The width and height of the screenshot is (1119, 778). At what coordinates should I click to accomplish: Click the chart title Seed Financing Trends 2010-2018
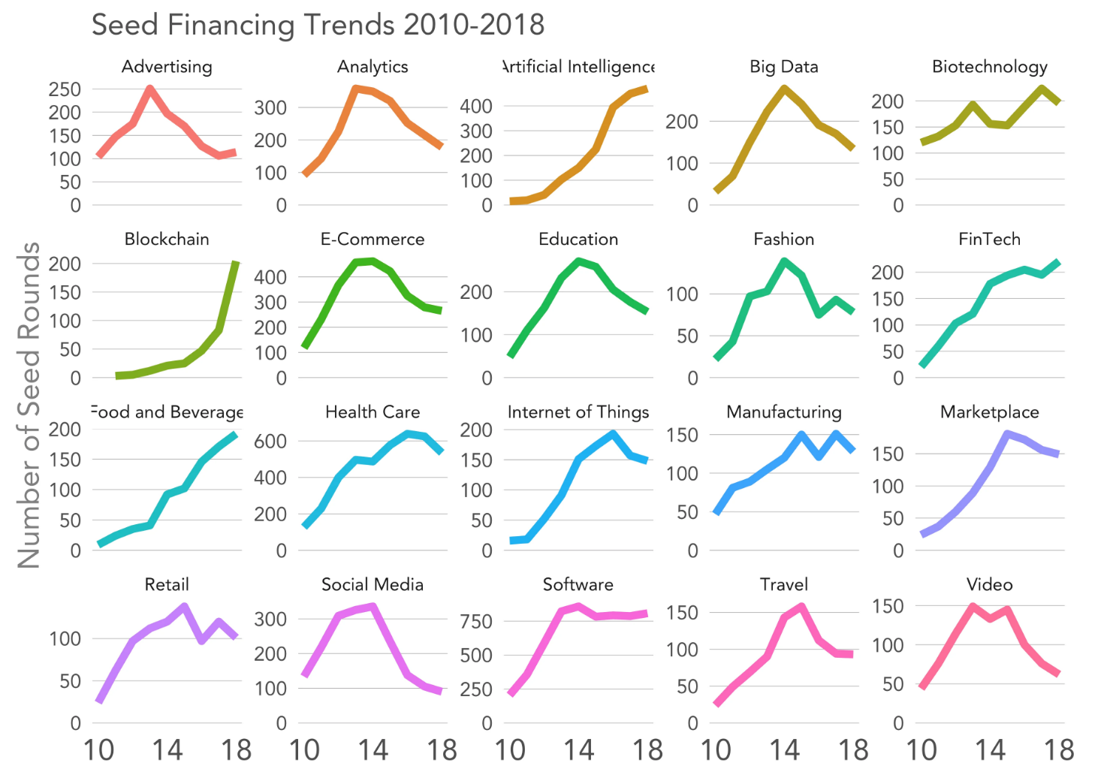[x=318, y=25]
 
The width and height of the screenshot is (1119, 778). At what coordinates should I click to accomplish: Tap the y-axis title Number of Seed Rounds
[x=29, y=406]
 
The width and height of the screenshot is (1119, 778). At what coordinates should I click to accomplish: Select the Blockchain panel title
[x=167, y=240]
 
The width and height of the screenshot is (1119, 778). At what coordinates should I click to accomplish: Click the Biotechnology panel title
[x=989, y=67]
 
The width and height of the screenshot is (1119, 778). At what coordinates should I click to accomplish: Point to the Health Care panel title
[x=372, y=412]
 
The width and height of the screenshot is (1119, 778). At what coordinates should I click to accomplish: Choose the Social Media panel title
[x=372, y=585]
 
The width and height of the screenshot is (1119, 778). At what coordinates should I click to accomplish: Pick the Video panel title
[x=989, y=585]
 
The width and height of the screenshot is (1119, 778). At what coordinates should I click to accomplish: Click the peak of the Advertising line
[x=150, y=89]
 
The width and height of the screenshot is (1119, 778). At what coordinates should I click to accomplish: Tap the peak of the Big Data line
[x=784, y=89]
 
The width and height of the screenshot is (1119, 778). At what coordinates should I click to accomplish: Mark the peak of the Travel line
[x=801, y=607]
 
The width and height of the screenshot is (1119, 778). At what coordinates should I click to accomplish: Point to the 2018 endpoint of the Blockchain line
[x=236, y=263]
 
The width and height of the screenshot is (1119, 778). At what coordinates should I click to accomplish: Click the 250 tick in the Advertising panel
[x=65, y=89]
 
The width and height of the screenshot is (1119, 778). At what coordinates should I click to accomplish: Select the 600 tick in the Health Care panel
[x=270, y=442]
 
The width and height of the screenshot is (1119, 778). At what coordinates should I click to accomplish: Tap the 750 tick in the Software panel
[x=476, y=622]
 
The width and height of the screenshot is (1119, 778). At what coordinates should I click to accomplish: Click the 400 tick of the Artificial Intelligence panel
[x=476, y=107]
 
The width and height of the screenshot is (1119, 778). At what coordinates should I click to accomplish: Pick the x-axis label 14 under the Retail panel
[x=167, y=750]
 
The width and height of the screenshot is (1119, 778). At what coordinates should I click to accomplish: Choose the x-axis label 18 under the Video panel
[x=1058, y=750]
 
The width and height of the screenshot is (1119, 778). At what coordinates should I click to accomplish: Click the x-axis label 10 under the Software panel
[x=510, y=750]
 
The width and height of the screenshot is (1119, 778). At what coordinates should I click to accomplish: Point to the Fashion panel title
[x=784, y=240]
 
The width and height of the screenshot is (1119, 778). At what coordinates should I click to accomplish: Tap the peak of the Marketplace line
[x=1006, y=434]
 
